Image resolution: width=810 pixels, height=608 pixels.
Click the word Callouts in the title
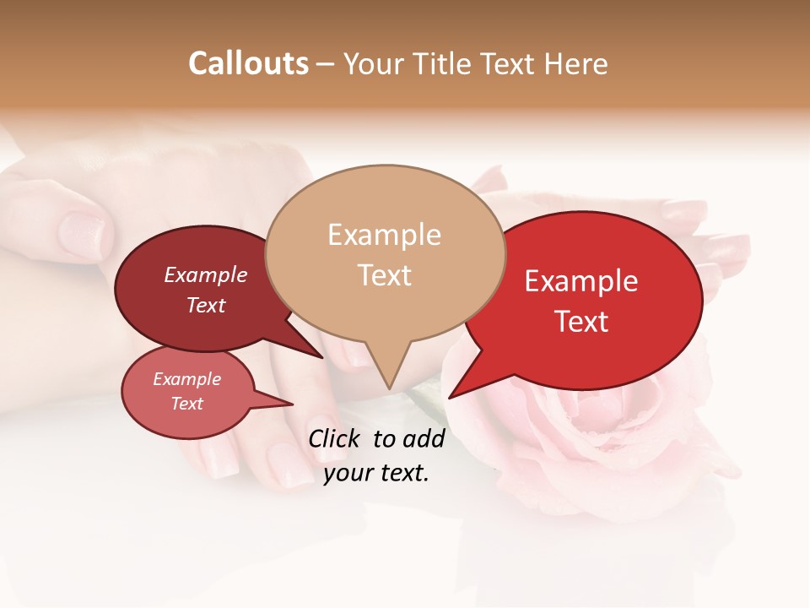(x=248, y=63)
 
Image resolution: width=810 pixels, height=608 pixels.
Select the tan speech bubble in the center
(x=385, y=253)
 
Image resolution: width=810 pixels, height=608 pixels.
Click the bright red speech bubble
(x=582, y=300)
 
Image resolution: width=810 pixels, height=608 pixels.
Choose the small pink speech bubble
(x=187, y=392)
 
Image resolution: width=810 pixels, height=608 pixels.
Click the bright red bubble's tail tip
(x=450, y=397)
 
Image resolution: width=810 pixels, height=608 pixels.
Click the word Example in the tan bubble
(x=384, y=235)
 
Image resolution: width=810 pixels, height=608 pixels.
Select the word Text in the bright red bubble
(x=581, y=322)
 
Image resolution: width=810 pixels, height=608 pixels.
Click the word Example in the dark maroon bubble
(x=205, y=275)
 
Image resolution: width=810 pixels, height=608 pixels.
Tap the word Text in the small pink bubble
(x=187, y=404)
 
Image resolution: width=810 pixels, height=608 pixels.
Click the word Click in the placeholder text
(x=335, y=438)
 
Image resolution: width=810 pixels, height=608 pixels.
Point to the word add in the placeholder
(x=424, y=438)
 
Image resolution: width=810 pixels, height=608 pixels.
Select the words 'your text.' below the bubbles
(x=375, y=473)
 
